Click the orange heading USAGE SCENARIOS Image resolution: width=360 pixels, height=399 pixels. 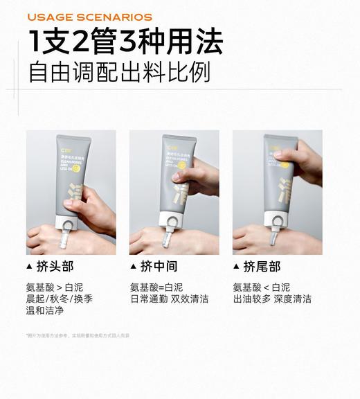point(89,17)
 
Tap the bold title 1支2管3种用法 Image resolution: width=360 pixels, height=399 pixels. point(125,42)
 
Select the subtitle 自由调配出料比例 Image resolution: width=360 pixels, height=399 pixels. point(119,73)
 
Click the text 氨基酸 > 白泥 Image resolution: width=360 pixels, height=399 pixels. point(55,287)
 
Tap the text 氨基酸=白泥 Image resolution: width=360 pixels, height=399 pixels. point(156,287)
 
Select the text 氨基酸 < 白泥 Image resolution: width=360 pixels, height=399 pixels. point(261,287)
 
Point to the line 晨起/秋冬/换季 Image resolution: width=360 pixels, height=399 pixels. point(59,299)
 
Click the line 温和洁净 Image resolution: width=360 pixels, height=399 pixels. point(45,311)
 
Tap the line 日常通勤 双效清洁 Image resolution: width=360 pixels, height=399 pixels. point(169,299)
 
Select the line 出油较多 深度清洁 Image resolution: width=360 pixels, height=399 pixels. point(272,299)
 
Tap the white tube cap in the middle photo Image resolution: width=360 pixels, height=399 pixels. point(170,221)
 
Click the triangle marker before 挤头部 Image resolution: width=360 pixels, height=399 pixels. point(28,267)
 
